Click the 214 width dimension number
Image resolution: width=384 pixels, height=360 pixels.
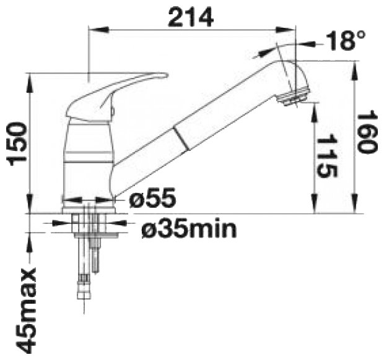tap(191, 17)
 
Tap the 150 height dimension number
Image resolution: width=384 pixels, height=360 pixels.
tap(17, 144)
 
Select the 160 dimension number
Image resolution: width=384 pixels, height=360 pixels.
tap(366, 133)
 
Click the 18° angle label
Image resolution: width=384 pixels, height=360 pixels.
tap(346, 40)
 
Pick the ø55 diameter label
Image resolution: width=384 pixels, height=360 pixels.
tap(152, 197)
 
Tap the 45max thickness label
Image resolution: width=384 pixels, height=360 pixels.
tap(26, 310)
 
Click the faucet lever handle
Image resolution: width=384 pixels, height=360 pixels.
tap(115, 95)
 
